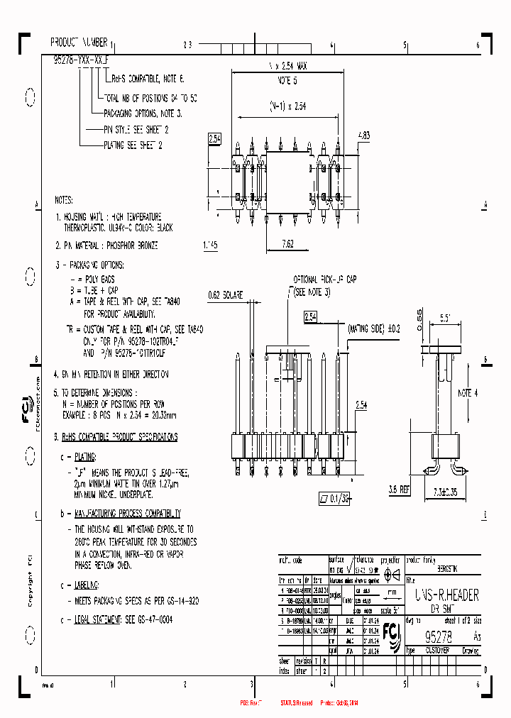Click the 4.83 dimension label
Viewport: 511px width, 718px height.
click(x=363, y=135)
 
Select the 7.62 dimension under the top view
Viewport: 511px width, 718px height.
click(x=287, y=243)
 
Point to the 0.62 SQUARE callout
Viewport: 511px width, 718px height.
click(x=226, y=294)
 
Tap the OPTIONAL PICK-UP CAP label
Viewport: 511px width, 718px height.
click(x=324, y=280)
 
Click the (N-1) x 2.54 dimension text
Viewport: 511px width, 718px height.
click(x=287, y=106)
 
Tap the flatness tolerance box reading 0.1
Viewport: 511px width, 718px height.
click(x=336, y=499)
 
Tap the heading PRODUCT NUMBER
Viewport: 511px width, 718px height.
click(x=79, y=43)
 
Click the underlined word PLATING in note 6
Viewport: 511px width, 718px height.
click(x=85, y=458)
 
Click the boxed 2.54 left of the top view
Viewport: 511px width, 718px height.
click(x=215, y=138)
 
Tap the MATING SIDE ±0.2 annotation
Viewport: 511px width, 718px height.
click(x=374, y=328)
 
